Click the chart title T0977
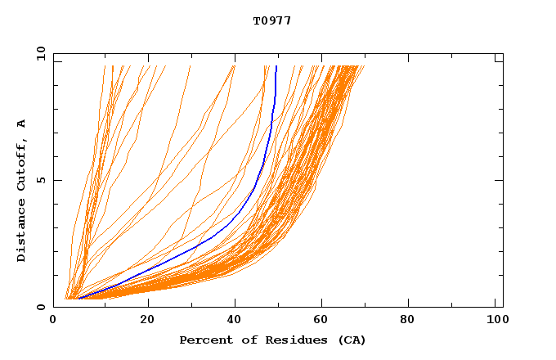point(272,20)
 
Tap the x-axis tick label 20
point(147,321)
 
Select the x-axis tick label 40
point(235,321)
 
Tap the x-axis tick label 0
point(54,321)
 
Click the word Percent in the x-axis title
point(202,340)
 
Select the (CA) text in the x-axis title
point(350,340)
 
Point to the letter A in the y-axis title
point(22,124)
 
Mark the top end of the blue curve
point(276,66)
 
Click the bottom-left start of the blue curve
point(78,299)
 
